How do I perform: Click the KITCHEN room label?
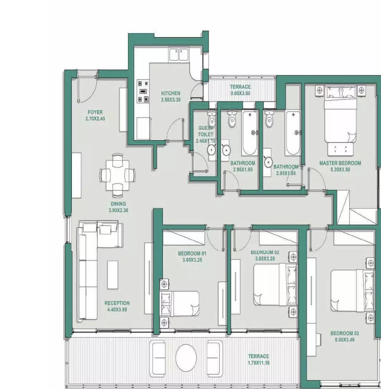pos(170,93)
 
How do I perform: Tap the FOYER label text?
pos(95,112)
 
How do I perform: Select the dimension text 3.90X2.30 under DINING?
pos(118,210)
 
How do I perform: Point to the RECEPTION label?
pos(117,303)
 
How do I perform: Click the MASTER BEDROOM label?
pos(340,163)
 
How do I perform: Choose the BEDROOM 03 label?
pos(345,333)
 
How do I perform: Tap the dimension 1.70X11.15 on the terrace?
pos(258,363)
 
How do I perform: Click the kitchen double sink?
pos(178,55)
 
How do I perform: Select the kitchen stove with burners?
pos(143,91)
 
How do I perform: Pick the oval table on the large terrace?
pos(186,358)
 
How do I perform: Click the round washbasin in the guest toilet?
pos(212,150)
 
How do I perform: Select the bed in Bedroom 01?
pos(179,304)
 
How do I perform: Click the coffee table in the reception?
pos(113,275)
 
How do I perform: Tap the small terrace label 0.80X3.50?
pos(240,93)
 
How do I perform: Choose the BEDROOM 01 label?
pos(192,253)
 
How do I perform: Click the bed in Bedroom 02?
pos(276,284)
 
